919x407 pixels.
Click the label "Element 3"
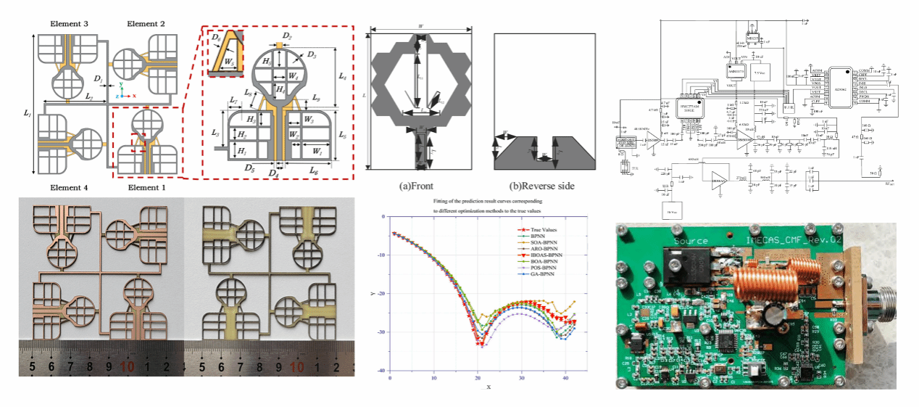tap(70, 24)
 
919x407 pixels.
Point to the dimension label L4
tap(343, 76)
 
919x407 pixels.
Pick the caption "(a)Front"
tap(420, 186)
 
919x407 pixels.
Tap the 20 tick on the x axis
tap(478, 377)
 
